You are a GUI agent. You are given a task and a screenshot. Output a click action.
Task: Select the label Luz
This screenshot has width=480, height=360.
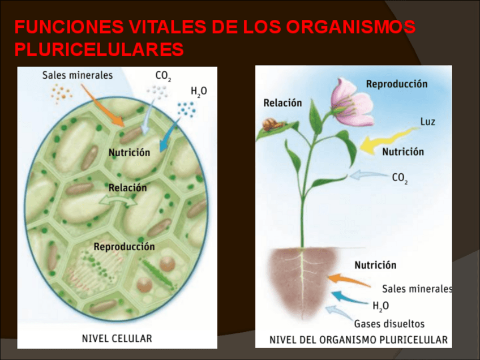tap(427, 122)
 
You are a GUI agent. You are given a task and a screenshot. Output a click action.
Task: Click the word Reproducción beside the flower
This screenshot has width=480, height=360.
tap(396, 84)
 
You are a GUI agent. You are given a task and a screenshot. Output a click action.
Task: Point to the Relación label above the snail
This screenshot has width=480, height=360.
tap(282, 103)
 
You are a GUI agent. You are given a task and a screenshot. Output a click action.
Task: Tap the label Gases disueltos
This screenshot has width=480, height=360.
tap(389, 324)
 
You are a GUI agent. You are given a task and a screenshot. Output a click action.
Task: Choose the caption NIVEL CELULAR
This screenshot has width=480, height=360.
tap(117, 338)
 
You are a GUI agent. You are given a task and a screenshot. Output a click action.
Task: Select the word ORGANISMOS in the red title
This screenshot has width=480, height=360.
tap(351, 27)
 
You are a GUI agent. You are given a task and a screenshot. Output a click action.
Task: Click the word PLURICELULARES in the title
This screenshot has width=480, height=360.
tap(99, 50)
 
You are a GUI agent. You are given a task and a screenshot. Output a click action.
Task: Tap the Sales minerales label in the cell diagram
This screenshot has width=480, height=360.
tap(78, 75)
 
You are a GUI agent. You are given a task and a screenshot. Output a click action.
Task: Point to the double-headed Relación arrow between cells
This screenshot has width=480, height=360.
tap(118, 200)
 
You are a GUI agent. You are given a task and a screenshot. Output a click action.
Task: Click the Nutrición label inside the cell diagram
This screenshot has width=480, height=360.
tap(129, 152)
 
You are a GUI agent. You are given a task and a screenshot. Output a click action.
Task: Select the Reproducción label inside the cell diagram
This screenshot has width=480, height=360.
tap(124, 247)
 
